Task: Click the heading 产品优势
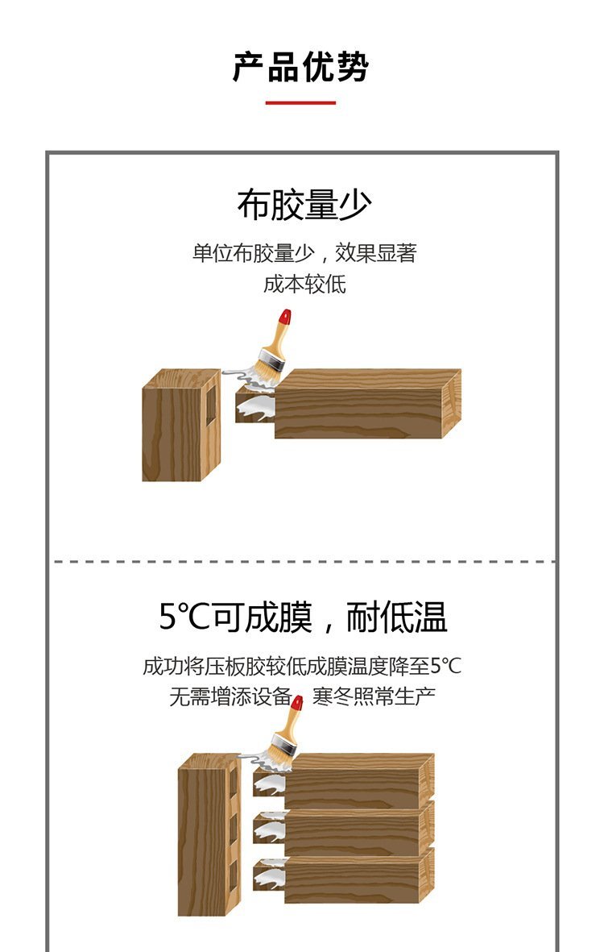[x=300, y=67]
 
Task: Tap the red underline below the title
[x=300, y=102]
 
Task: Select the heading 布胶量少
[x=304, y=205]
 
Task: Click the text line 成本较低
[x=304, y=284]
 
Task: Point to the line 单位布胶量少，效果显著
[x=304, y=252]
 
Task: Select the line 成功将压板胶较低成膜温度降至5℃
[x=302, y=666]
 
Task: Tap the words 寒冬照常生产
[x=374, y=696]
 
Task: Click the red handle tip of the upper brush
[x=283, y=317]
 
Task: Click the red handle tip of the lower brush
[x=296, y=703]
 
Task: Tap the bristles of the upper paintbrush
[x=267, y=369]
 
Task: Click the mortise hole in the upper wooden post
[x=210, y=404]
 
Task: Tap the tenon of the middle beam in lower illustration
[x=269, y=827]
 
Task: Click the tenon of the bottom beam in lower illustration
[x=269, y=875]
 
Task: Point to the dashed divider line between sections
[x=304, y=562]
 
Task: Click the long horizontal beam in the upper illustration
[x=367, y=403]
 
